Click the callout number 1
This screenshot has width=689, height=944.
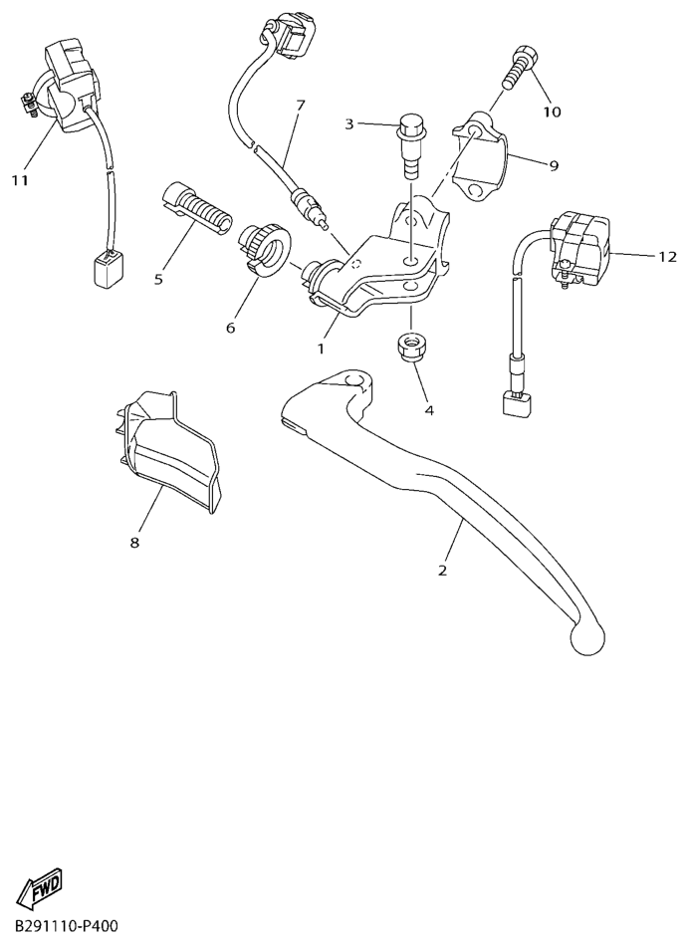click(x=322, y=350)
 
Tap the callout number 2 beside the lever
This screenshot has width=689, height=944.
click(x=442, y=571)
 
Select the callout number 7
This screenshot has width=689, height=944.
click(x=300, y=105)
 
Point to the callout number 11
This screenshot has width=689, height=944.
click(x=20, y=180)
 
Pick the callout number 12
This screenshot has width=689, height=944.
click(x=666, y=256)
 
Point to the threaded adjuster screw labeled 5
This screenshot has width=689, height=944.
click(x=196, y=205)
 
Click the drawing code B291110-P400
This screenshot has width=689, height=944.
click(x=66, y=926)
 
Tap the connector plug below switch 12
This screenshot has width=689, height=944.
click(x=513, y=405)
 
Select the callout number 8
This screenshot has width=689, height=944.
click(x=134, y=543)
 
